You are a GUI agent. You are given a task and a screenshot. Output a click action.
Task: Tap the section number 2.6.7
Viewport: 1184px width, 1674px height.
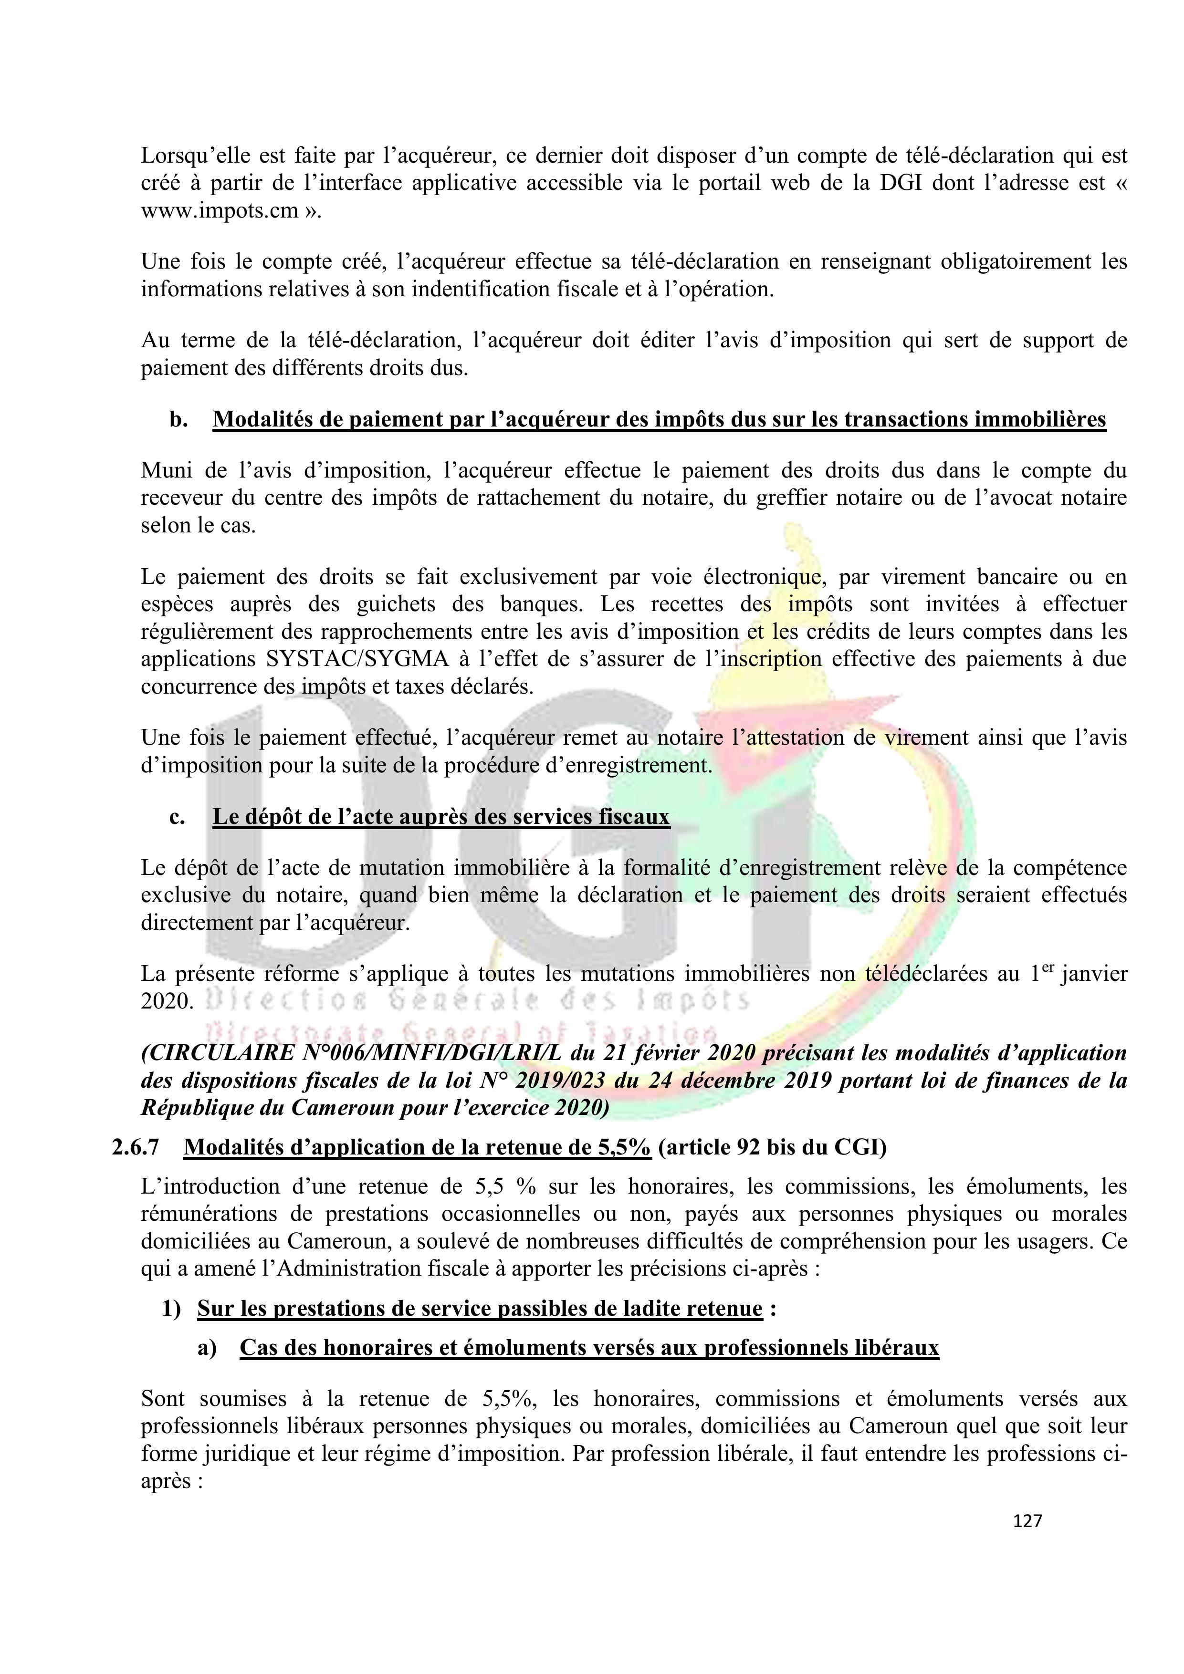point(135,1148)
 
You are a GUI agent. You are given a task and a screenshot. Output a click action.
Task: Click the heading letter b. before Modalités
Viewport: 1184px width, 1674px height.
point(178,420)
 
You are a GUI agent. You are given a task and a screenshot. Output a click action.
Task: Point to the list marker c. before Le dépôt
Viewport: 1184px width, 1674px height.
point(177,817)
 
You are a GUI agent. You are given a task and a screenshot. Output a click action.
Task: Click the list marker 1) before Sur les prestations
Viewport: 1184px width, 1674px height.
point(171,1309)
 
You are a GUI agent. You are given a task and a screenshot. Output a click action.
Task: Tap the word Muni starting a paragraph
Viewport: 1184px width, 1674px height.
point(164,470)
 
